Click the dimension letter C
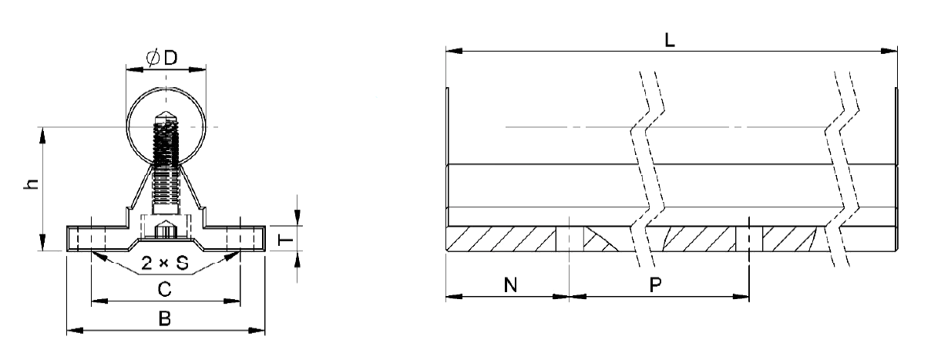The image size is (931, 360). (x=164, y=289)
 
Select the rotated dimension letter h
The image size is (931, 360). (x=29, y=187)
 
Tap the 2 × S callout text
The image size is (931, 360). (x=166, y=264)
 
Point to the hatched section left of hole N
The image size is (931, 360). (x=501, y=240)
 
